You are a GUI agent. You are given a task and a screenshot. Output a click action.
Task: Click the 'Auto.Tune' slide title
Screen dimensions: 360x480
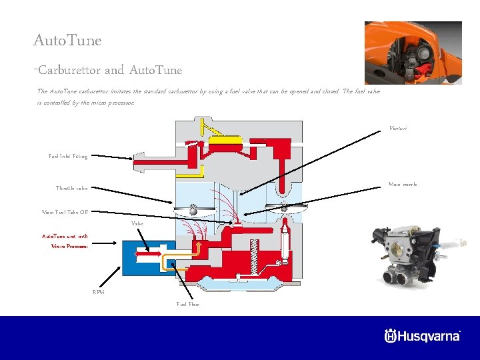67,41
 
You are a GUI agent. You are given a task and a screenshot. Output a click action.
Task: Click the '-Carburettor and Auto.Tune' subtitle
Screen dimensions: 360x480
107,70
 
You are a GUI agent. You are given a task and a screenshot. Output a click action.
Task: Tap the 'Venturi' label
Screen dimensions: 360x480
397,128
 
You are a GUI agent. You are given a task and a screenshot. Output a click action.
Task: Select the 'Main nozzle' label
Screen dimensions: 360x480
403,184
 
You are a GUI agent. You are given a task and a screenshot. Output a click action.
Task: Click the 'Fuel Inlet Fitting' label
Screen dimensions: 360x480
67,156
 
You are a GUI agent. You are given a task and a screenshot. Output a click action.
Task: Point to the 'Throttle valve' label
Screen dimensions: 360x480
71,188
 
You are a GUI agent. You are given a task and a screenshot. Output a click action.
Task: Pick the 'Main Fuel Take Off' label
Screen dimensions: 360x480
65,212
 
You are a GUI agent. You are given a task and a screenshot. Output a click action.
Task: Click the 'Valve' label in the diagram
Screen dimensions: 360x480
137,223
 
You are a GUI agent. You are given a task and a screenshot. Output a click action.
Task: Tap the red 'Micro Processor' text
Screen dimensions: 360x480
69,246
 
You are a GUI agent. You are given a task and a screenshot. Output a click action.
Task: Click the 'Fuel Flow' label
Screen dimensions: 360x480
187,304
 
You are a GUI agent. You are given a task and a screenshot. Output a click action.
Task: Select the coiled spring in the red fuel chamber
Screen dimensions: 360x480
254,257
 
